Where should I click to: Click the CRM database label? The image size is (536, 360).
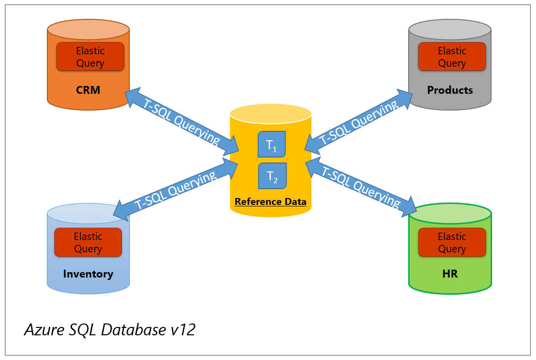(x=88, y=90)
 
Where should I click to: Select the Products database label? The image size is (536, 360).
(x=450, y=90)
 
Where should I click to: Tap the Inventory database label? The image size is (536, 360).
(x=88, y=274)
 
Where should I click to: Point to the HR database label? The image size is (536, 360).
(x=450, y=274)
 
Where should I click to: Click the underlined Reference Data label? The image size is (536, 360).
(x=270, y=201)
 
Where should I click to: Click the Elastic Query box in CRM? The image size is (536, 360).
(x=90, y=57)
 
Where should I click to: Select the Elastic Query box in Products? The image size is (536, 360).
(x=452, y=57)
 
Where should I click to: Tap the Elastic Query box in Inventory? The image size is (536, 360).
(x=88, y=242)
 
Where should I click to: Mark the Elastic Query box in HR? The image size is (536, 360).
(x=452, y=242)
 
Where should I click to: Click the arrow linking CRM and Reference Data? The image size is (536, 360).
(x=182, y=121)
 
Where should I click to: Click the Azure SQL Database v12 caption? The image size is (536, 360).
(x=110, y=330)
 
